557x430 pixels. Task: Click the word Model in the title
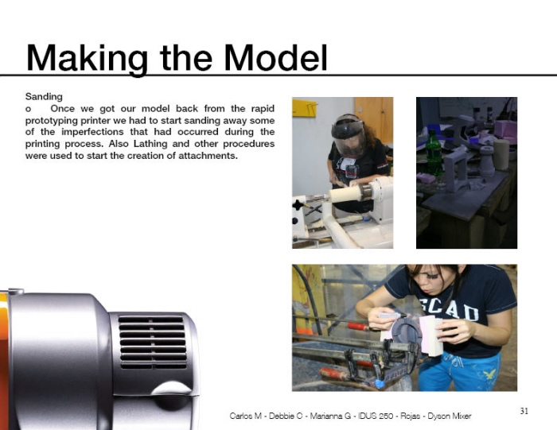(x=275, y=56)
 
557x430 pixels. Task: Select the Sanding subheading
(x=44, y=96)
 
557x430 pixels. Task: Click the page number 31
(x=524, y=411)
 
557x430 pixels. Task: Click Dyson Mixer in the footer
(x=450, y=416)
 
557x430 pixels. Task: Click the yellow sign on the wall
(x=304, y=108)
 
